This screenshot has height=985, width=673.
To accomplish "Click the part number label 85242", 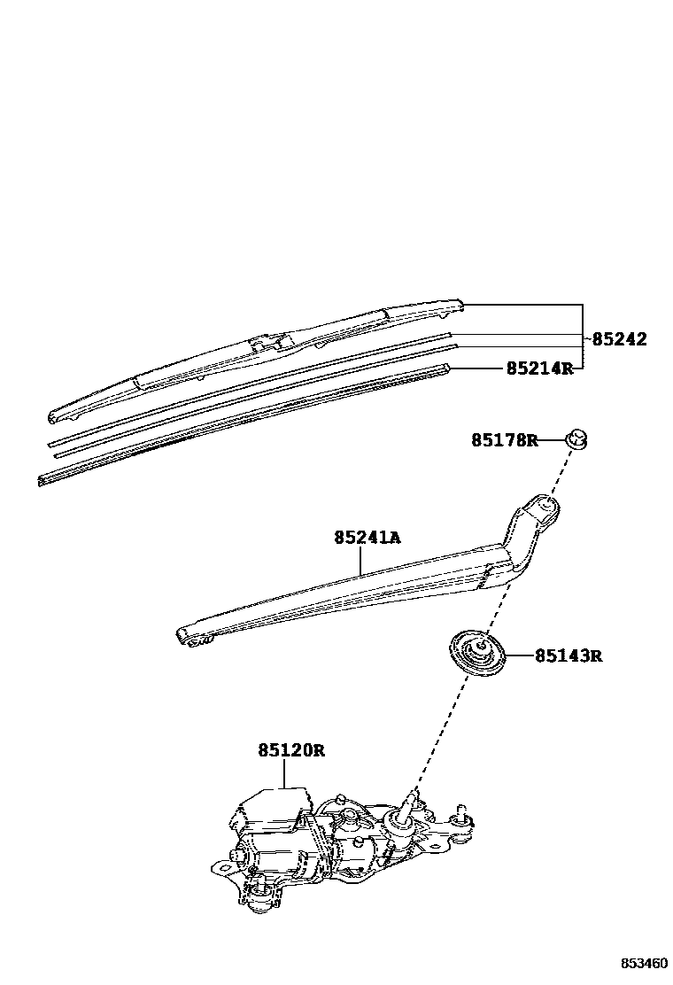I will pos(619,339).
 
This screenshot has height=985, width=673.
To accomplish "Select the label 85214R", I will pos(539,368).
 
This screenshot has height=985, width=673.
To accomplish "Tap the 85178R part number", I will pos(504,440).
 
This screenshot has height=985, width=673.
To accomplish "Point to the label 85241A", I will pos(367,538).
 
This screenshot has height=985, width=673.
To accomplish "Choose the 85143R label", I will pos(568,656).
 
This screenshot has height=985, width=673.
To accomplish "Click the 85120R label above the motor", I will pos(291,750).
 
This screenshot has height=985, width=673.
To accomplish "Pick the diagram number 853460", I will pos(643,963).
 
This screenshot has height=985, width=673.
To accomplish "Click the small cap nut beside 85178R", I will pos(576,438).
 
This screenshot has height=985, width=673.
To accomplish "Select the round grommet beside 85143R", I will pos(478,654).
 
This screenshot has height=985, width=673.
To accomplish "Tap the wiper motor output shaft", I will pos(410,803).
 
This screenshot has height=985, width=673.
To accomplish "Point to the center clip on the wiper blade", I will pos(268,343).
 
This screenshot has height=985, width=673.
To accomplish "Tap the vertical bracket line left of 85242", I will pos(582,338).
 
